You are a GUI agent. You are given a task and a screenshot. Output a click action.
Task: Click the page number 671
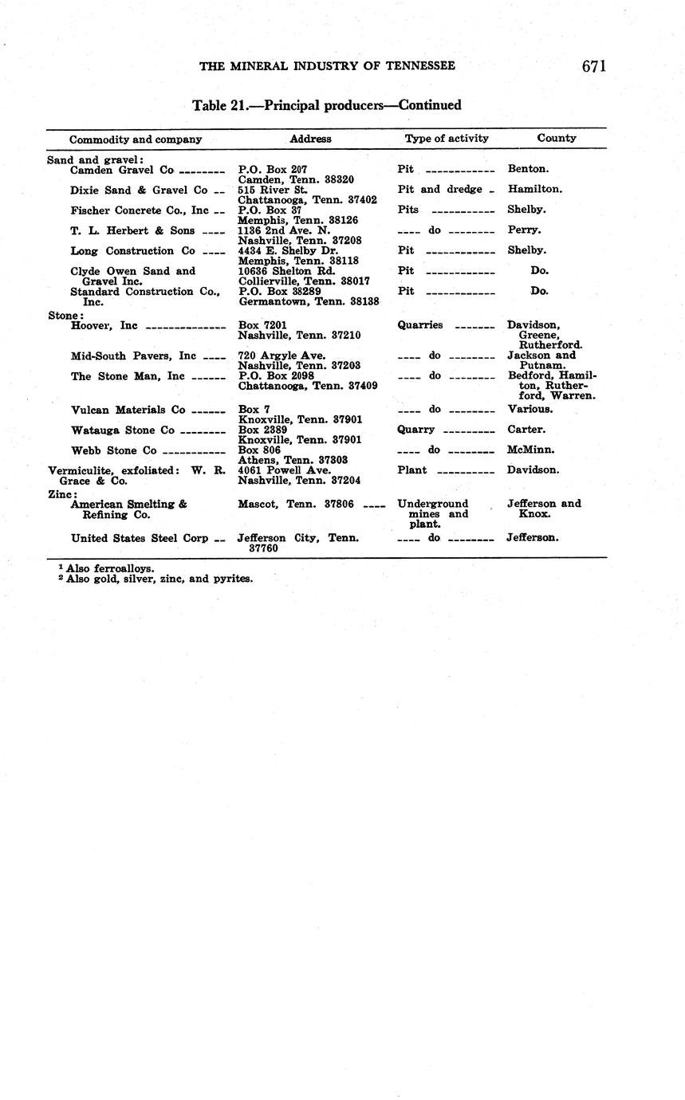click(593, 66)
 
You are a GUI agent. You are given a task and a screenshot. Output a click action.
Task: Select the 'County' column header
click(556, 138)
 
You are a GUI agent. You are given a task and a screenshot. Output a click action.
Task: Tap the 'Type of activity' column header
click(447, 138)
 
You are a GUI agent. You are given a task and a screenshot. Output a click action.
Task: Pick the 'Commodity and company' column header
click(136, 139)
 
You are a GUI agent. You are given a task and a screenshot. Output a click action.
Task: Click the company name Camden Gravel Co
click(121, 170)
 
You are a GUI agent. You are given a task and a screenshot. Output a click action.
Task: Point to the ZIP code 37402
click(360, 200)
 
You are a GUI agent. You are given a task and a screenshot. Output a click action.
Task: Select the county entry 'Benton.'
click(527, 169)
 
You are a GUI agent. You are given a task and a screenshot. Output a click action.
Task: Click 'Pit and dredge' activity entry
click(440, 190)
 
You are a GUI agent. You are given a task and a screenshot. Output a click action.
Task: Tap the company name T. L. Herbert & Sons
click(132, 230)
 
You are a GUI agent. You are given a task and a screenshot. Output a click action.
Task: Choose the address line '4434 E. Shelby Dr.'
click(288, 250)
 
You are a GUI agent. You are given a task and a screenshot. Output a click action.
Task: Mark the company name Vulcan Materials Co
click(128, 410)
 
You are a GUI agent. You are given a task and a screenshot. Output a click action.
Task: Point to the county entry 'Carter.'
click(526, 430)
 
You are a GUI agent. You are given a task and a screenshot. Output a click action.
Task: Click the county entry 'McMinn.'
click(530, 450)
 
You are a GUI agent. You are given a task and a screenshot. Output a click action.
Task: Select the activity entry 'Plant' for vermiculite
click(412, 470)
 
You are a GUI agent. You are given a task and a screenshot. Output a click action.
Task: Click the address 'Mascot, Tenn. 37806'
click(295, 504)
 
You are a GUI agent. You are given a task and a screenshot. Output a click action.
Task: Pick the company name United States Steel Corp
click(140, 538)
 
